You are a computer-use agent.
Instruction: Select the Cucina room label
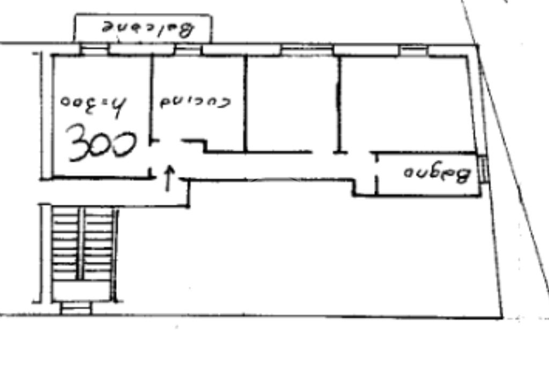195,102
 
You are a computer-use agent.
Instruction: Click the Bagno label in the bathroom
436,174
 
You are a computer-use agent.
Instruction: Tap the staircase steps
83,244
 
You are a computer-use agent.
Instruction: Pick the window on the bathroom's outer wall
484,168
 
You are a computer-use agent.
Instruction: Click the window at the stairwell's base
76,309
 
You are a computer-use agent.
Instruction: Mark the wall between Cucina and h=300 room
152,96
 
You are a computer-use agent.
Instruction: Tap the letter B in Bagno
464,175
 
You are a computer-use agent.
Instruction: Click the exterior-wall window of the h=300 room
94,50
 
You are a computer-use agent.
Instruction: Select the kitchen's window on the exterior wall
188,50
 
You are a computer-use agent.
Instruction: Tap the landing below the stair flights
83,292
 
